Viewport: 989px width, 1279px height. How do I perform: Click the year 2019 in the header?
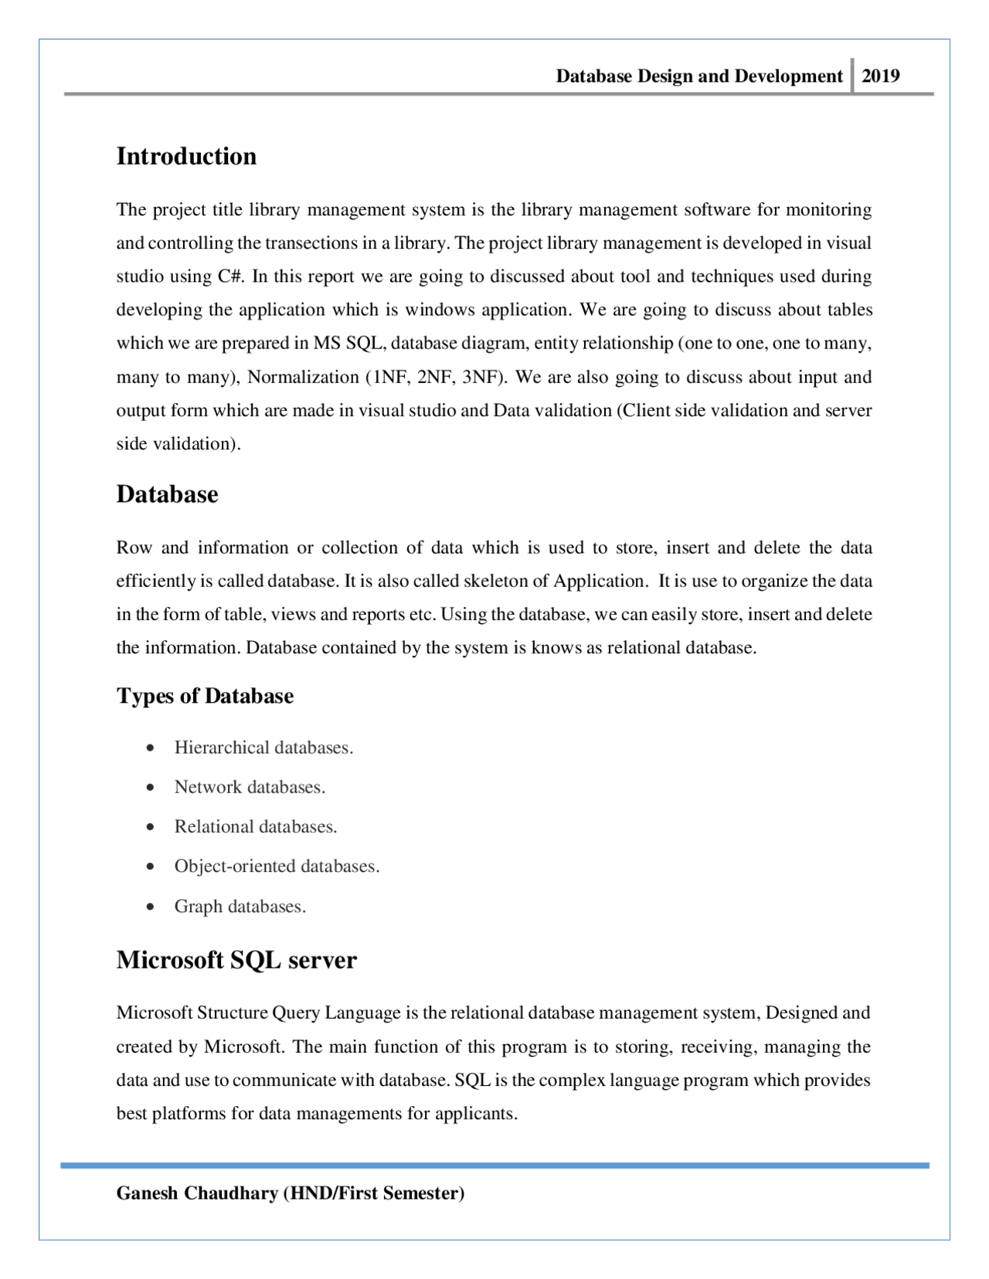click(x=880, y=76)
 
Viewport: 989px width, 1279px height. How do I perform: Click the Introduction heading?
click(x=186, y=156)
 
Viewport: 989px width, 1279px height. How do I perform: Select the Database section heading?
click(x=167, y=494)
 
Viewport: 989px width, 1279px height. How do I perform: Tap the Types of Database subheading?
click(x=205, y=696)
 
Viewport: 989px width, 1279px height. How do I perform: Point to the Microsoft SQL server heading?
click(x=236, y=960)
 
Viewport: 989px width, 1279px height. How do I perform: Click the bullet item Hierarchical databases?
click(x=263, y=748)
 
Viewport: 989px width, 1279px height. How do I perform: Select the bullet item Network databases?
click(x=250, y=787)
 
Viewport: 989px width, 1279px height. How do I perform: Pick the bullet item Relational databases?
click(x=256, y=826)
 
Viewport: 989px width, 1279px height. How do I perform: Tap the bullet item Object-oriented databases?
click(x=277, y=867)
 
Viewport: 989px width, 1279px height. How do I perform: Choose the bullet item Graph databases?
click(x=240, y=907)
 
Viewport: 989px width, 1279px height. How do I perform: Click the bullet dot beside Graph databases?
click(x=150, y=907)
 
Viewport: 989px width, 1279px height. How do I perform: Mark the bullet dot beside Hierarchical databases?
click(x=150, y=748)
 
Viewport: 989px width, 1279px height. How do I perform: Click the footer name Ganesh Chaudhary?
click(x=197, y=1193)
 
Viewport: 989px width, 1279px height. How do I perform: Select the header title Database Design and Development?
click(x=698, y=76)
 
